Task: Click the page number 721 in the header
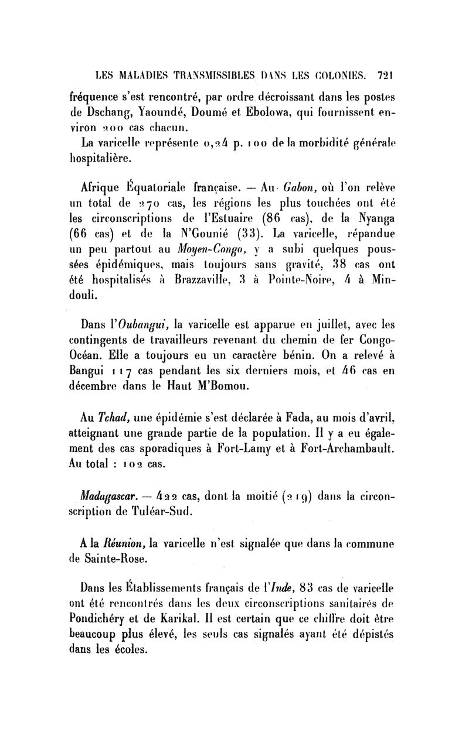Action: tap(386, 75)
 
